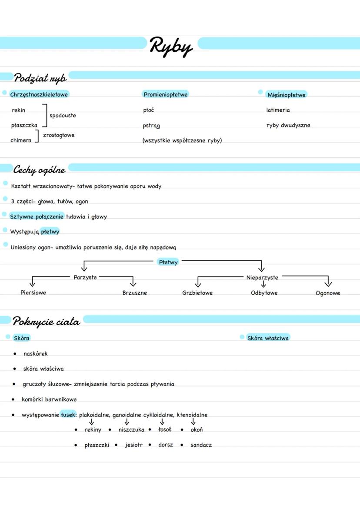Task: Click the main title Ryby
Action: pyautogui.click(x=171, y=47)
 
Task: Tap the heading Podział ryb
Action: pyautogui.click(x=40, y=78)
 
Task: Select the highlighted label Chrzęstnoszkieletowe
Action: pyautogui.click(x=39, y=94)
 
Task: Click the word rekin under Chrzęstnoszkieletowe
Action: pyautogui.click(x=19, y=110)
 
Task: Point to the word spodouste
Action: pyautogui.click(x=63, y=116)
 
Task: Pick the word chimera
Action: pyautogui.click(x=21, y=140)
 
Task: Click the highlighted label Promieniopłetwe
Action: pyautogui.click(x=166, y=94)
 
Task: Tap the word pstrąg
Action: pyautogui.click(x=151, y=126)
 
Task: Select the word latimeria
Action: pyautogui.click(x=278, y=110)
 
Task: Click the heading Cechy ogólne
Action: pyautogui.click(x=39, y=170)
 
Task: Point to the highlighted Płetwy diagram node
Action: pyautogui.click(x=168, y=262)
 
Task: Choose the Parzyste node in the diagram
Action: pyautogui.click(x=85, y=277)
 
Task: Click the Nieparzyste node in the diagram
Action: pyautogui.click(x=262, y=277)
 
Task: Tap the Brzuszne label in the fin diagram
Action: pyautogui.click(x=135, y=293)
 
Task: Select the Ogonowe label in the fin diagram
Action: pyautogui.click(x=328, y=293)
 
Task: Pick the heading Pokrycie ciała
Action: pyautogui.click(x=46, y=322)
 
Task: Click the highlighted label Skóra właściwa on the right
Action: pyautogui.click(x=268, y=338)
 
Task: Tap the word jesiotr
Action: pyautogui.click(x=133, y=445)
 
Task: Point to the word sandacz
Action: pyautogui.click(x=201, y=445)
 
